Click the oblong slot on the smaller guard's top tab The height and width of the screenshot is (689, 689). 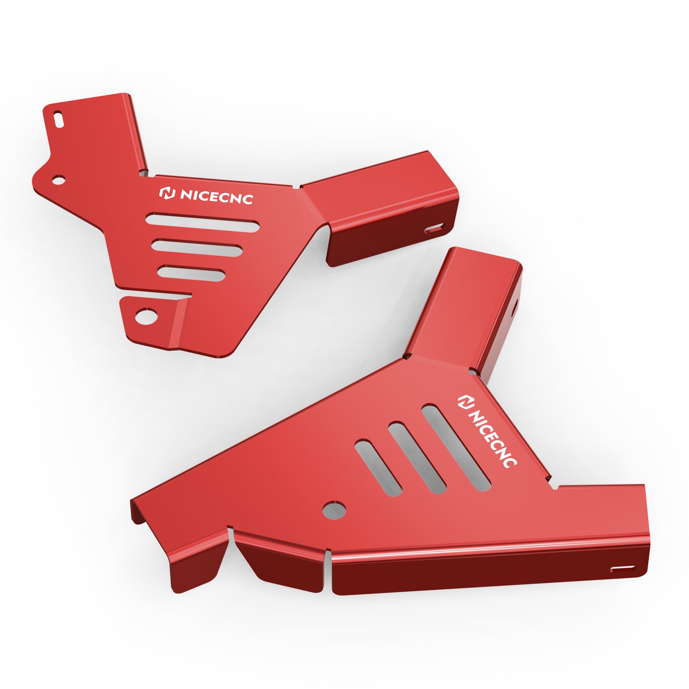58,118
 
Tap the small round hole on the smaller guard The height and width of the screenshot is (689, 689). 58,179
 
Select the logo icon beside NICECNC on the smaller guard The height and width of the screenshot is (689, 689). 167,193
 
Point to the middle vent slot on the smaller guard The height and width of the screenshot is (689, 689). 196,248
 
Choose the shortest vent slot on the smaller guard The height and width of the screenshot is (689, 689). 191,273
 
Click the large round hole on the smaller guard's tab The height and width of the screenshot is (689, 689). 146,317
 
